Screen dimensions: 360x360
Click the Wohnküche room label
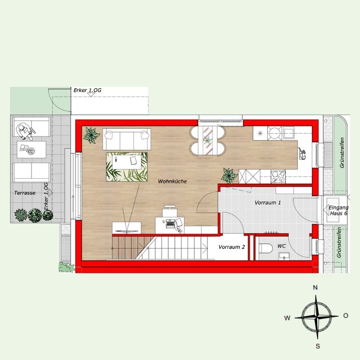tap(172, 181)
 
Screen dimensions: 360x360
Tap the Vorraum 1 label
tap(268, 202)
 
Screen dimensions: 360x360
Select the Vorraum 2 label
tap(231, 247)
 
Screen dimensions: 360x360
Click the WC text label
tap(282, 246)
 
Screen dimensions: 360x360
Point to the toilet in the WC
tap(266, 248)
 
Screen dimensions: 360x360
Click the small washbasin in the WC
tap(284, 256)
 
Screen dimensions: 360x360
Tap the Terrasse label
tap(25, 193)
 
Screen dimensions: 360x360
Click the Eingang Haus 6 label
tap(338, 210)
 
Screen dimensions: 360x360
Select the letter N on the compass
tap(315, 288)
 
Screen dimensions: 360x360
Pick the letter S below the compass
tap(318, 346)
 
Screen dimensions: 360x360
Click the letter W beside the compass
tap(287, 318)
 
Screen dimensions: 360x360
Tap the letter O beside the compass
tap(346, 316)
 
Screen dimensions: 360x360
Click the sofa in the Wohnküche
tap(127, 139)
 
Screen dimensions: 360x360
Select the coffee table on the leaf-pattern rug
tap(127, 162)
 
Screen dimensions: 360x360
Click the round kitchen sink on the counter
tap(275, 133)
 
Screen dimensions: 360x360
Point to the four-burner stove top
tap(278, 176)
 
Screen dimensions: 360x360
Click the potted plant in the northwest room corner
tap(91, 135)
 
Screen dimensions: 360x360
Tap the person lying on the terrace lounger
tap(25, 131)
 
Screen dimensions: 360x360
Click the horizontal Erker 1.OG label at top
tap(87, 90)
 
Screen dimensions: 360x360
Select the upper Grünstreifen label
tap(342, 153)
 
